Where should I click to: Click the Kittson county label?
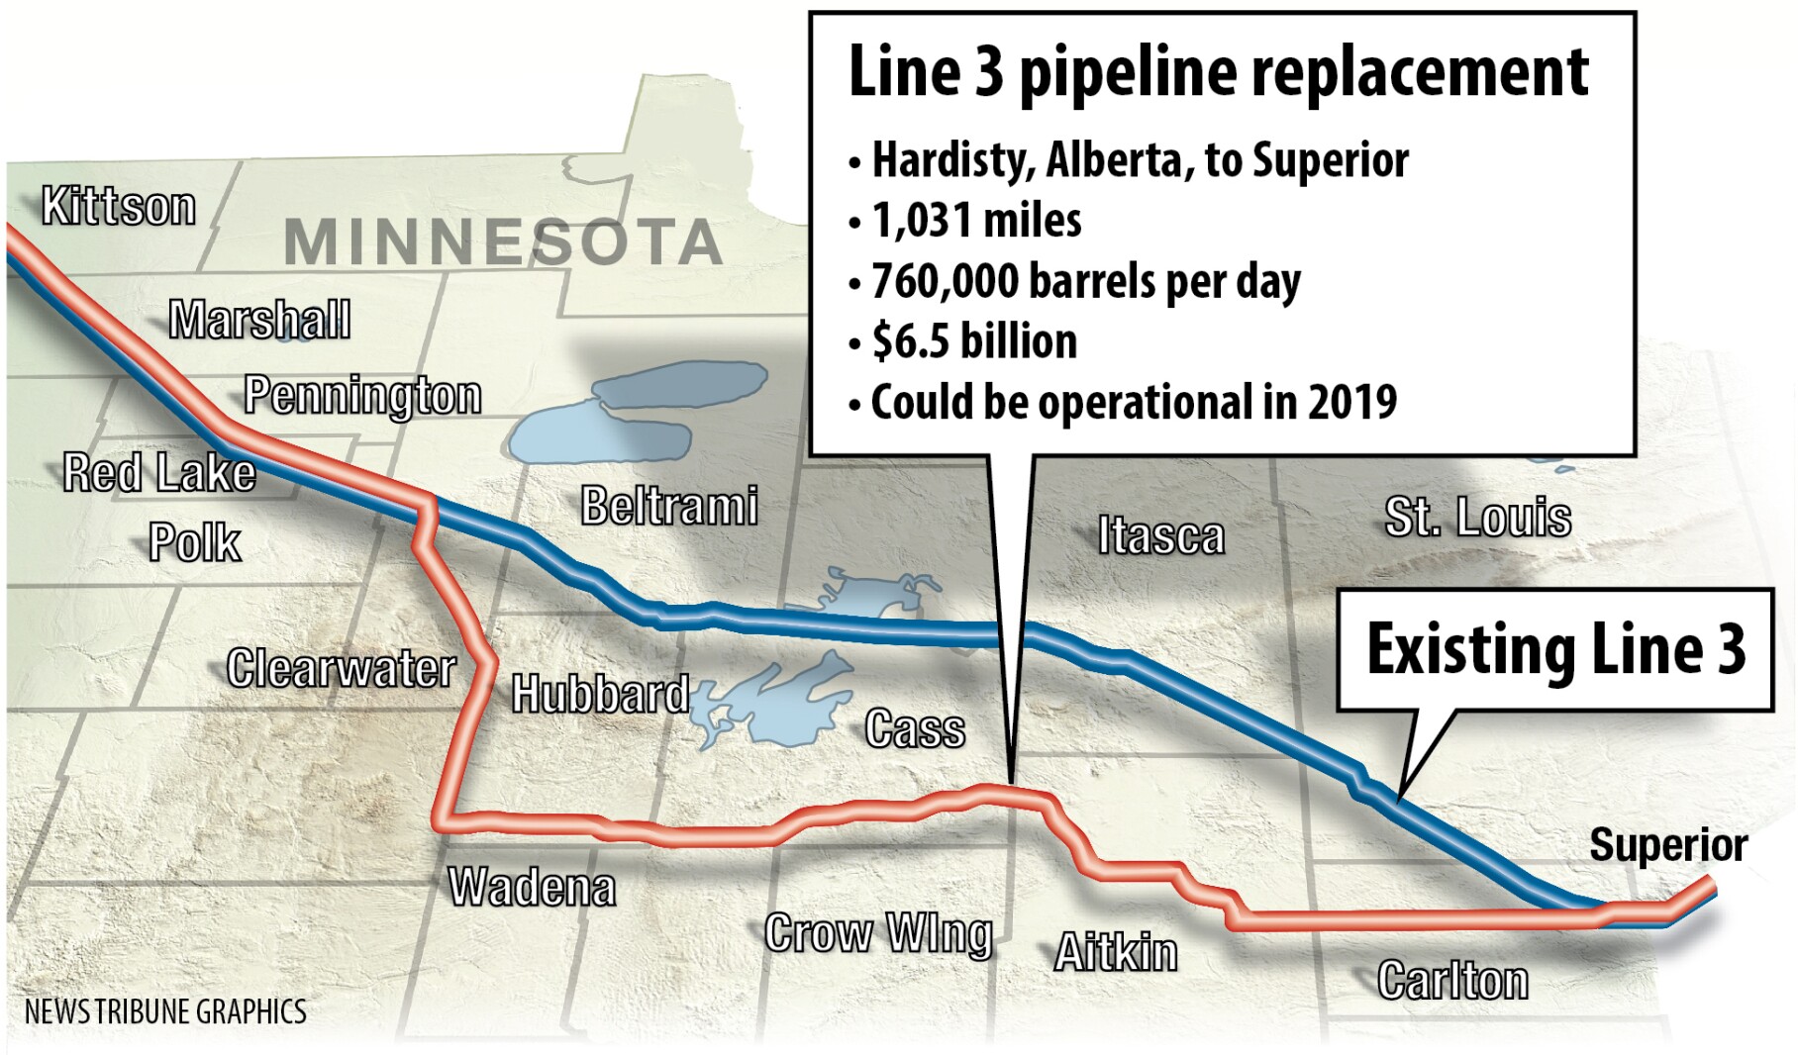click(119, 207)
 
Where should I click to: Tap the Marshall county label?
click(259, 320)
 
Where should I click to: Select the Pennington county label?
click(362, 395)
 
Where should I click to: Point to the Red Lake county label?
click(159, 473)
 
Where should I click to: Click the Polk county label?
click(195, 542)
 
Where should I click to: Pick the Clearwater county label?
click(341, 668)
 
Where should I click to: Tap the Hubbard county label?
click(600, 694)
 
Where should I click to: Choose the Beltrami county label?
click(669, 506)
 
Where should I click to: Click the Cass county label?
click(915, 729)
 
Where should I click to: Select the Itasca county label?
click(1160, 535)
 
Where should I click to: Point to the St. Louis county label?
click(1477, 517)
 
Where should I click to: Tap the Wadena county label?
click(532, 887)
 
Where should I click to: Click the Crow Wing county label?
click(878, 933)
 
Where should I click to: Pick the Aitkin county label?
click(1116, 953)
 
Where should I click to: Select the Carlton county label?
click(1452, 980)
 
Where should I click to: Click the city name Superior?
click(1668, 845)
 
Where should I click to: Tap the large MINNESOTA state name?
click(503, 242)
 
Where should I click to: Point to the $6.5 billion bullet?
click(974, 341)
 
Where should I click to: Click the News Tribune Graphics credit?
click(165, 1011)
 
